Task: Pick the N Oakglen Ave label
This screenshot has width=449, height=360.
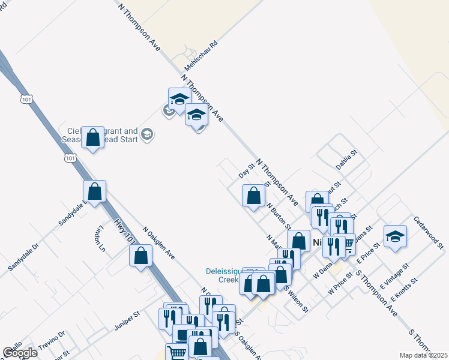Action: tap(158, 243)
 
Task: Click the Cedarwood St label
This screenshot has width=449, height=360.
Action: tap(428, 233)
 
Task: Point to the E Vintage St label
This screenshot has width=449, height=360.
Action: tap(391, 274)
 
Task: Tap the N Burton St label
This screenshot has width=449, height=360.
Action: tap(280, 217)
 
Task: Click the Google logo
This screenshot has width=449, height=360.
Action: tap(20, 353)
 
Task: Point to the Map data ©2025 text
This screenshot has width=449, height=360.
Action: tap(424, 355)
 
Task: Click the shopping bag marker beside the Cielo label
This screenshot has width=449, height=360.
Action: tap(92, 137)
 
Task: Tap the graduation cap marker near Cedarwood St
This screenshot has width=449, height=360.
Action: tap(395, 236)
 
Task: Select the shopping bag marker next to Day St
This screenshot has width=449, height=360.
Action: tap(254, 195)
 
